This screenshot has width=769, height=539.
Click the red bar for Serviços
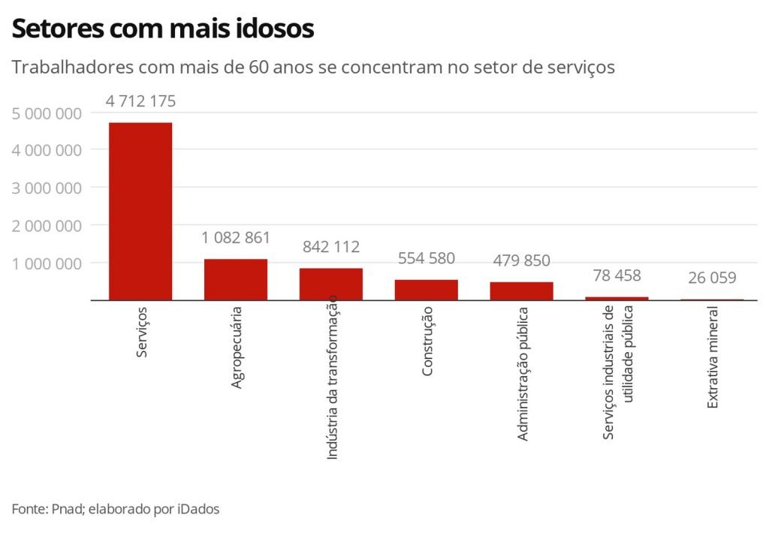point(140,211)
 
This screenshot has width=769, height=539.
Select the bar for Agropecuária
point(236,279)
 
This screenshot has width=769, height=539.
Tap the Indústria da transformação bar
point(331,284)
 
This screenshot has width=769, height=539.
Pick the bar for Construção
point(427,290)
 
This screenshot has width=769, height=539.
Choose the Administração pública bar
point(522,291)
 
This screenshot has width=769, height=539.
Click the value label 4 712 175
point(140,101)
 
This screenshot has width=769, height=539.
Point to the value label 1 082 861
point(236,238)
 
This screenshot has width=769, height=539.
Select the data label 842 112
point(331,247)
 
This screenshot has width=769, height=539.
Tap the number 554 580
point(427,258)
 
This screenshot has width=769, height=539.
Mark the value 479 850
point(522,261)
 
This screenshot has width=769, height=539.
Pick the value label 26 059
point(712,278)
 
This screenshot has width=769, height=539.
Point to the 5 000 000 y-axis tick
point(47,113)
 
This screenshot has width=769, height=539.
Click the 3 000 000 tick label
point(47,188)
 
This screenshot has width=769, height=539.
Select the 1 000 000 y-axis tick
point(47,263)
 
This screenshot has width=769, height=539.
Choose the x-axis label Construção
point(427,341)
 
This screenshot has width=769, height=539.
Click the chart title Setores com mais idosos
point(163,29)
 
